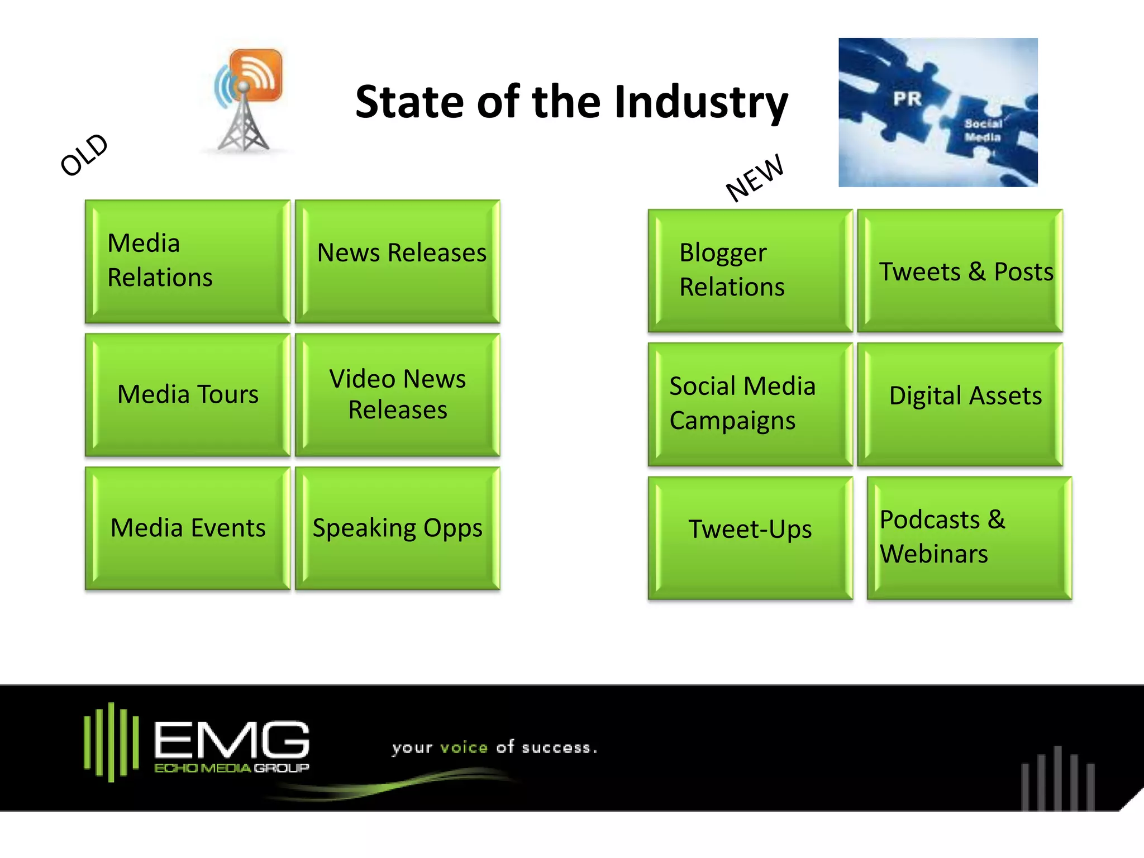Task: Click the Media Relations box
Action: click(188, 261)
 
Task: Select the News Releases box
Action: click(398, 261)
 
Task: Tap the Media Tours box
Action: click(188, 394)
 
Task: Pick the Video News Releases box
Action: click(398, 394)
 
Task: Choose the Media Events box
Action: click(188, 528)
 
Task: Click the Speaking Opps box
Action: click(398, 528)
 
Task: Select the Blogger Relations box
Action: click(750, 270)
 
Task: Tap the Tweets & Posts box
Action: click(960, 270)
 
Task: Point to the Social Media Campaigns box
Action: click(750, 404)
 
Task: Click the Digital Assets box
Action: click(960, 404)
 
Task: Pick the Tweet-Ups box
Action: click(750, 537)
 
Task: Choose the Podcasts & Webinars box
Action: click(969, 537)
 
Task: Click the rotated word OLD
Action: click(84, 155)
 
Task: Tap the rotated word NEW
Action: click(754, 178)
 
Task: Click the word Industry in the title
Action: click(701, 103)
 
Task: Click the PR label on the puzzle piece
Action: click(907, 99)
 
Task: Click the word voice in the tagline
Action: click(464, 747)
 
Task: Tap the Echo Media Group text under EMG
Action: click(231, 768)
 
